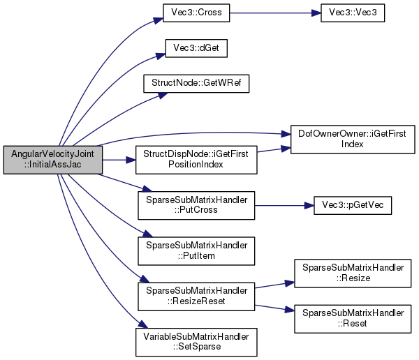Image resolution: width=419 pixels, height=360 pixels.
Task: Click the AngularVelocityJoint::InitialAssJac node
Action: (53, 160)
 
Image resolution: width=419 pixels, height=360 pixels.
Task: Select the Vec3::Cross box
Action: (196, 13)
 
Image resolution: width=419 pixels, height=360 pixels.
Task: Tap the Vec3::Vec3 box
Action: (353, 13)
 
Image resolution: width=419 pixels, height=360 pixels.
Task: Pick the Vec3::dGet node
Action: (196, 48)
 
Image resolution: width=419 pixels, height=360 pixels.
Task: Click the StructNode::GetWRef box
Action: (196, 84)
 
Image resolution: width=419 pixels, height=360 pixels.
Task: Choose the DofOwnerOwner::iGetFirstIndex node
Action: (353, 139)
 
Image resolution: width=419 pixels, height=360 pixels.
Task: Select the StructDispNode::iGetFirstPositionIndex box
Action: (196, 160)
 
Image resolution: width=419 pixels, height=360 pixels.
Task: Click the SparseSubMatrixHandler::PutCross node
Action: (196, 205)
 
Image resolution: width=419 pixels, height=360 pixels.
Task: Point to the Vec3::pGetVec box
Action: (353, 205)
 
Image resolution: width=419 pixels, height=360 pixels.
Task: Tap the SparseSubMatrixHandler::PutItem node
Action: (196, 251)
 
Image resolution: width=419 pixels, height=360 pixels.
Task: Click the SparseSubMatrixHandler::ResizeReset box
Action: (196, 297)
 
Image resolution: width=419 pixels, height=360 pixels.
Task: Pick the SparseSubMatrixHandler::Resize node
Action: (353, 273)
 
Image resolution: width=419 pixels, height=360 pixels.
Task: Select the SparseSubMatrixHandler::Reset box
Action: (353, 319)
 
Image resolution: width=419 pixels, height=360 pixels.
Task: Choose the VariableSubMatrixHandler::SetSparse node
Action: (196, 342)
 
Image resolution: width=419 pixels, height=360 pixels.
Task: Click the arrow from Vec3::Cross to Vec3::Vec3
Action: (275, 13)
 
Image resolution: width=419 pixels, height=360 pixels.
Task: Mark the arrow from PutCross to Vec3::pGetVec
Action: (284, 205)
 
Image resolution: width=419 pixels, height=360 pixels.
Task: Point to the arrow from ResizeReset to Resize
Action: (274, 285)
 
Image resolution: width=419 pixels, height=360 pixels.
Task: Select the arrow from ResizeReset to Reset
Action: (274, 308)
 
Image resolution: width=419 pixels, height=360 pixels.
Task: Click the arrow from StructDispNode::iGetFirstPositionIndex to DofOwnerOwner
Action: (274, 149)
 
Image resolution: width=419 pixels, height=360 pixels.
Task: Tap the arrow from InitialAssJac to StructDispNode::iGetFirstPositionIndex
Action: (119, 160)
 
